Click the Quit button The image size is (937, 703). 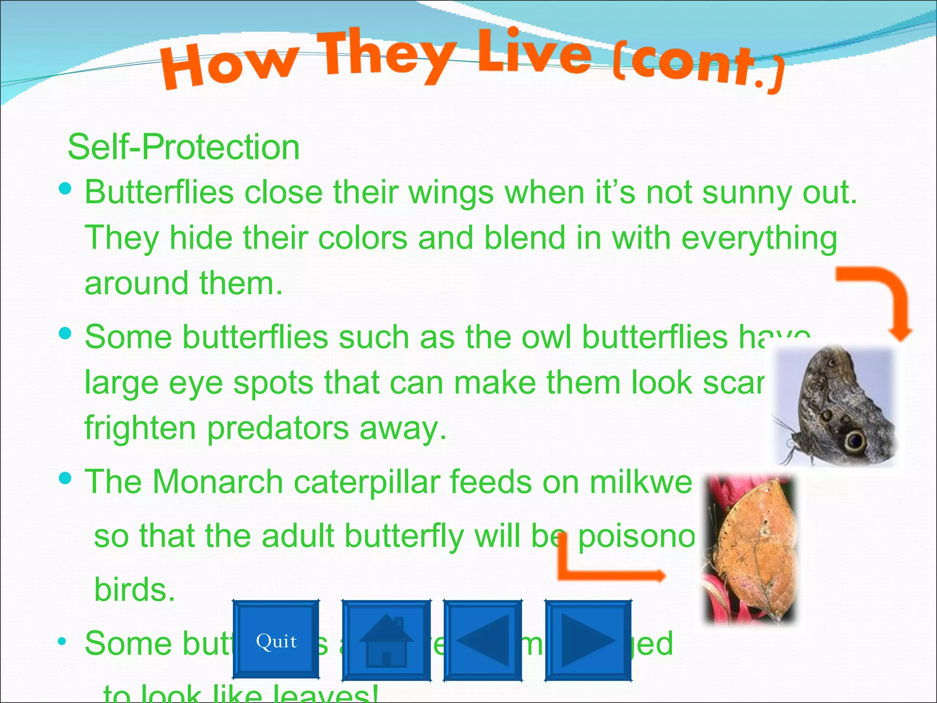coord(276,640)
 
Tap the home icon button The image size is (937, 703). coord(387,640)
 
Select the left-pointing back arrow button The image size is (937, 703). coord(483,640)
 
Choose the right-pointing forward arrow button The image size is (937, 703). coord(588,640)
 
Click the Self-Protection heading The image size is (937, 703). coord(183,147)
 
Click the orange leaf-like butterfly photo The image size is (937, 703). coord(751,549)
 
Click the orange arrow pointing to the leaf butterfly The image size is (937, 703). coord(604,570)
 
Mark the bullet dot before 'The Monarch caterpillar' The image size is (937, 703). coord(65,478)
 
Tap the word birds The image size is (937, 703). coord(134,589)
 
